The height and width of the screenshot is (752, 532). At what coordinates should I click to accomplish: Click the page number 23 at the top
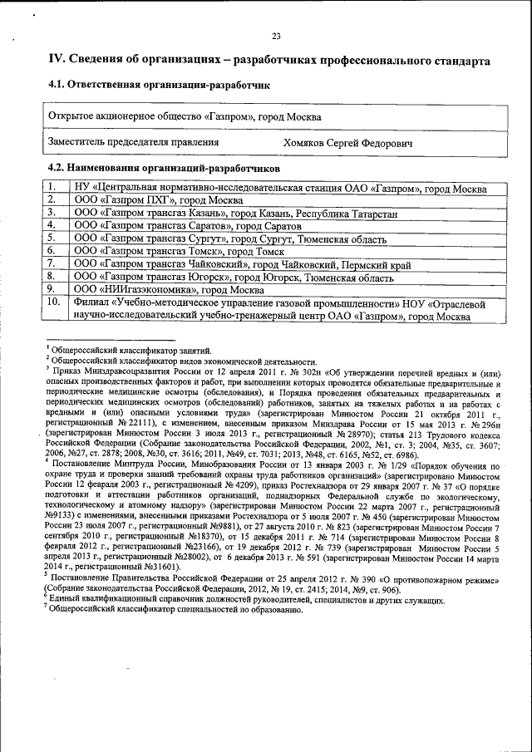pos(276,35)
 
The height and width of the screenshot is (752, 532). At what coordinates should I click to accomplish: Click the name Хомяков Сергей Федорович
pos(347,144)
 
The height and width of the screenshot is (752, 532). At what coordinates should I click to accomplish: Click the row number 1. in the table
pos(52,189)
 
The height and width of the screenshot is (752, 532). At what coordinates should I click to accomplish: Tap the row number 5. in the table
pos(52,238)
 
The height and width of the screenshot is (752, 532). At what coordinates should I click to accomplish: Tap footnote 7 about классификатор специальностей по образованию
pos(170,609)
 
